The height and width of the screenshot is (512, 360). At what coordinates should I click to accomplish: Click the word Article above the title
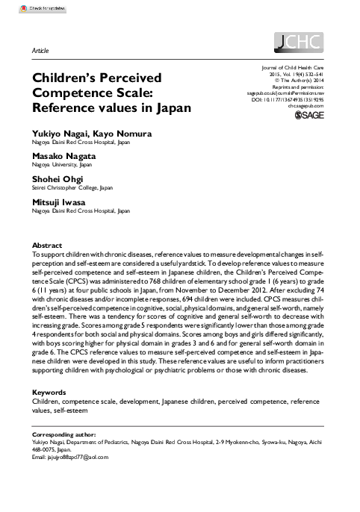coord(41,50)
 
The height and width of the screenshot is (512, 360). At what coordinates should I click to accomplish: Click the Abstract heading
coord(47,245)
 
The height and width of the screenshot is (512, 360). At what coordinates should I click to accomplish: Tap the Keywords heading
coord(50,393)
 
